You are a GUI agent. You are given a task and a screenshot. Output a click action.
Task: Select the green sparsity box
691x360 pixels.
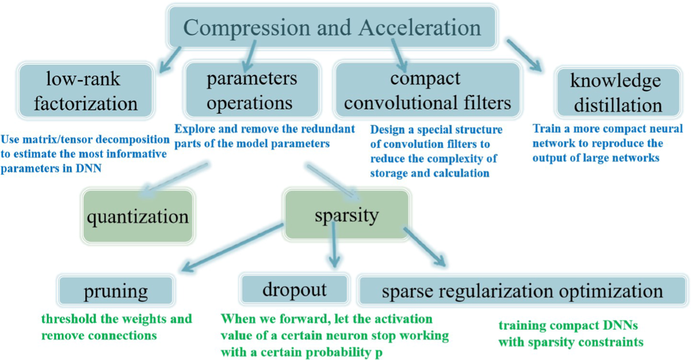(x=347, y=215)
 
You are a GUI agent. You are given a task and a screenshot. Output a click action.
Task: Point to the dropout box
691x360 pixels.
(x=294, y=289)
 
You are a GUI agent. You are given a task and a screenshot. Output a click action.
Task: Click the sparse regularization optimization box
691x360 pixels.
(x=519, y=290)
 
